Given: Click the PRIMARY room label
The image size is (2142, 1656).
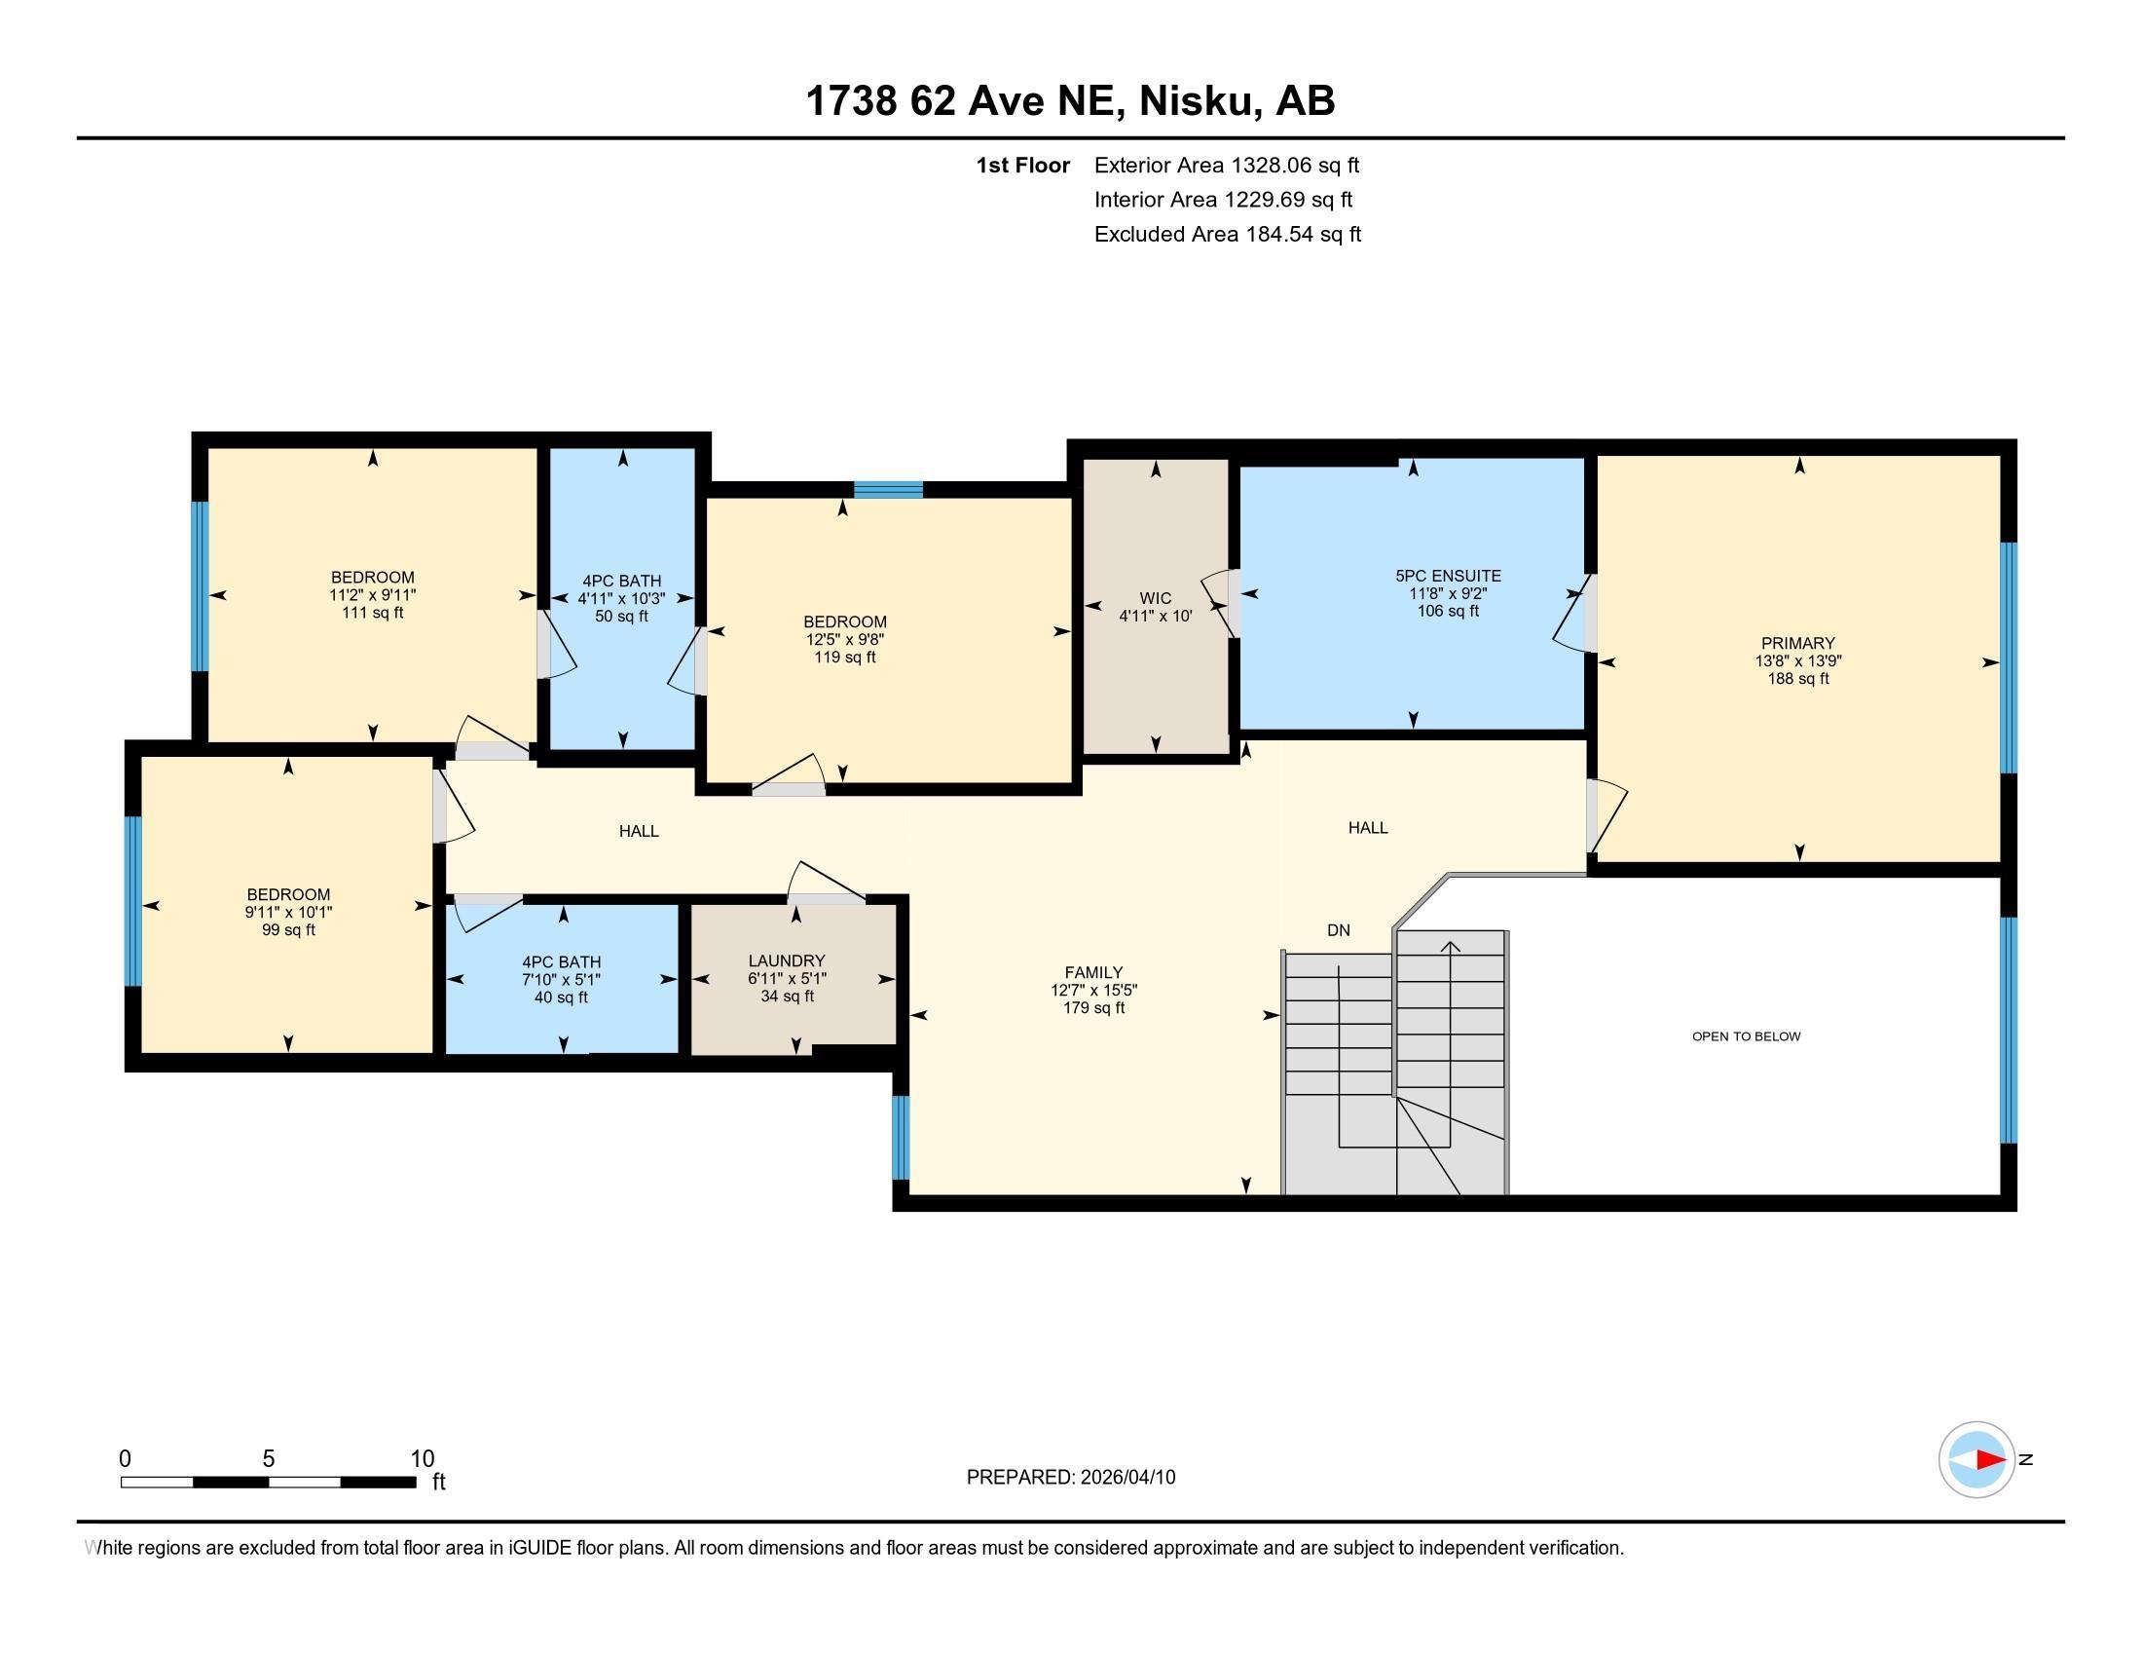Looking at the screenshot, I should [1796, 644].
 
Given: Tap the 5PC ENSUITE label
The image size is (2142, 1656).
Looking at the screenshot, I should [1448, 576].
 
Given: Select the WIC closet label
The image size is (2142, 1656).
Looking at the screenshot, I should [1156, 597].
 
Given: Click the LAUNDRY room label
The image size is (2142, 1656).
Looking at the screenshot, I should [787, 960].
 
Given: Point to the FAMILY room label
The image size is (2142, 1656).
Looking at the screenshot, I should [1093, 972].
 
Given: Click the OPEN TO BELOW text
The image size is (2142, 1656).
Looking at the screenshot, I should [1746, 1036].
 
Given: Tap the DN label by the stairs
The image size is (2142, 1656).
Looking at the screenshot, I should [1338, 930].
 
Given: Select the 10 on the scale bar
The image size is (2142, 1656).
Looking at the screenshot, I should [422, 1458].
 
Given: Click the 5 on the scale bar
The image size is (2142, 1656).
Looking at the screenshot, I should [269, 1458].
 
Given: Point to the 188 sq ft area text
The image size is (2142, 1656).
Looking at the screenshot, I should [1797, 679].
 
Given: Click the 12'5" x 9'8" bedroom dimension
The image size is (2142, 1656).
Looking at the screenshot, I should [844, 640].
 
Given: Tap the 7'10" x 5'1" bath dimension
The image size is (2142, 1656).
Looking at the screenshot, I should [561, 980].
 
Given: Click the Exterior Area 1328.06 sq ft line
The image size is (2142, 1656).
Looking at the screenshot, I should [1226, 165].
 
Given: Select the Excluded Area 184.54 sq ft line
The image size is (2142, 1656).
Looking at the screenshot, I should [1227, 234].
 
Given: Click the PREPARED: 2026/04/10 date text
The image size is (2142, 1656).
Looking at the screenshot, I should [1070, 1477].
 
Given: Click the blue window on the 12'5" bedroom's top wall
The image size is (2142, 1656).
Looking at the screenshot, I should [888, 490].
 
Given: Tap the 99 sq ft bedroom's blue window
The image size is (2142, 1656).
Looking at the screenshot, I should [133, 901].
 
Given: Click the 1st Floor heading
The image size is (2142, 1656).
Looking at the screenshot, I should [1022, 165].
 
